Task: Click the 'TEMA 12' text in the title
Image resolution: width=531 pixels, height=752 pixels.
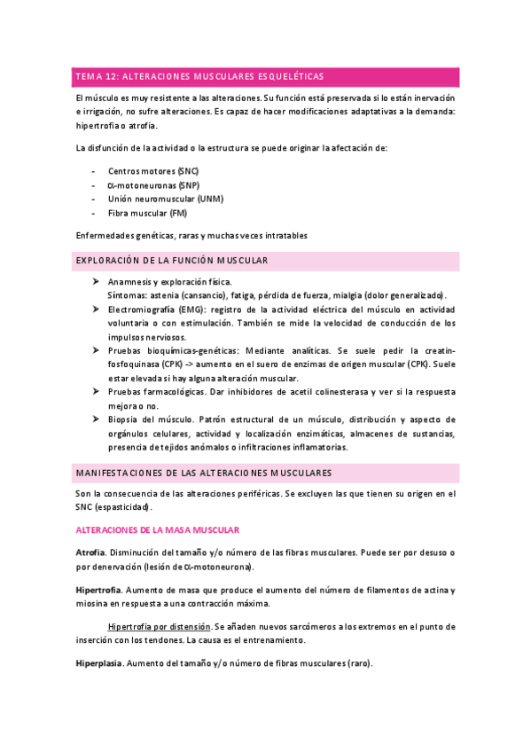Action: coord(96,76)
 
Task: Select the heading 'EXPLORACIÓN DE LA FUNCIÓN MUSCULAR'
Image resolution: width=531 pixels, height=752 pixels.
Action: coord(172,261)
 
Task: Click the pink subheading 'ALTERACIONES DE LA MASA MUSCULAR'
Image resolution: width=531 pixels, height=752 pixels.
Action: coord(157,530)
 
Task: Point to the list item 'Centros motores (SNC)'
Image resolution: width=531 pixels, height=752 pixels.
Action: coord(153,169)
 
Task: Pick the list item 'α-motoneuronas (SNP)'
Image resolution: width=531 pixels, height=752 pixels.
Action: coord(153,184)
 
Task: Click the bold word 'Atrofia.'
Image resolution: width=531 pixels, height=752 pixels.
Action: coord(92,552)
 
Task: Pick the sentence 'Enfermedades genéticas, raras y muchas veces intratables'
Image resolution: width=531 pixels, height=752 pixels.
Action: coord(191,235)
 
